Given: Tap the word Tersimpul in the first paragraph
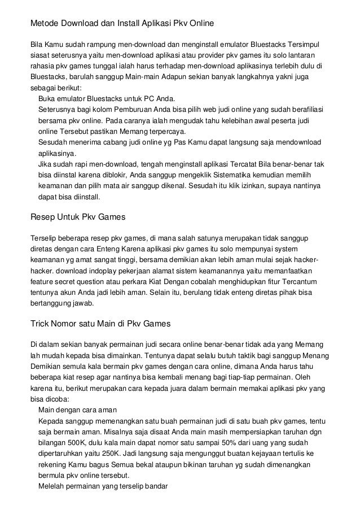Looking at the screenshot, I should (306, 43).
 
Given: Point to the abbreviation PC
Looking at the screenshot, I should (155, 98).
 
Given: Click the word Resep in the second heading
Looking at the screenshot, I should (43, 216).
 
